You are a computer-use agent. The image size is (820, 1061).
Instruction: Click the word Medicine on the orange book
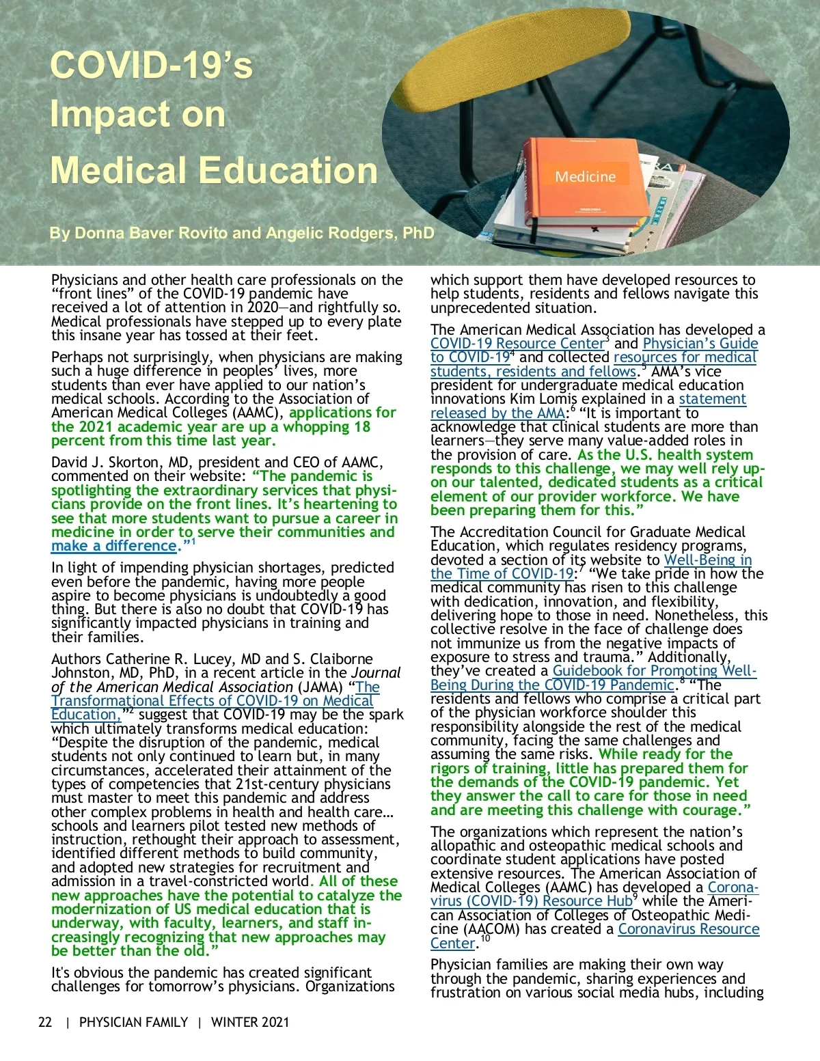(x=585, y=177)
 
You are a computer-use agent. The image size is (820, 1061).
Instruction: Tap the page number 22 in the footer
(x=45, y=1023)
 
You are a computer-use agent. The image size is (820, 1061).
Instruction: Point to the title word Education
(x=286, y=170)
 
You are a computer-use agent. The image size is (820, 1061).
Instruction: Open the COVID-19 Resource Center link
(x=517, y=344)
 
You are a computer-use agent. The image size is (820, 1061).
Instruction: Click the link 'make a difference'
(x=113, y=547)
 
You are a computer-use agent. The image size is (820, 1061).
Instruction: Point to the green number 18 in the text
(x=361, y=427)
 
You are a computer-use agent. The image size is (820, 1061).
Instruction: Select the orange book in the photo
(x=581, y=184)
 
